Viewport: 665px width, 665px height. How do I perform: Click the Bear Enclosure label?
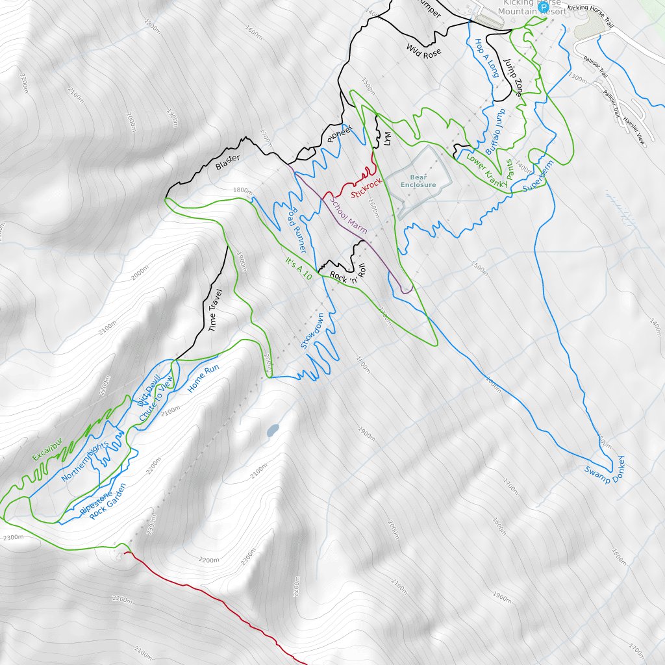coord(418,181)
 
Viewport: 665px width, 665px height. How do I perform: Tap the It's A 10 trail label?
coord(299,268)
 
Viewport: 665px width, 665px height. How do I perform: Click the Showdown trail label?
coord(312,331)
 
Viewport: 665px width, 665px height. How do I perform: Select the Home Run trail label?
coord(203,379)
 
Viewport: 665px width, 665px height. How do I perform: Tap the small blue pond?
coord(273,430)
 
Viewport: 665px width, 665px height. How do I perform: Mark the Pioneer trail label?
coord(339,133)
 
